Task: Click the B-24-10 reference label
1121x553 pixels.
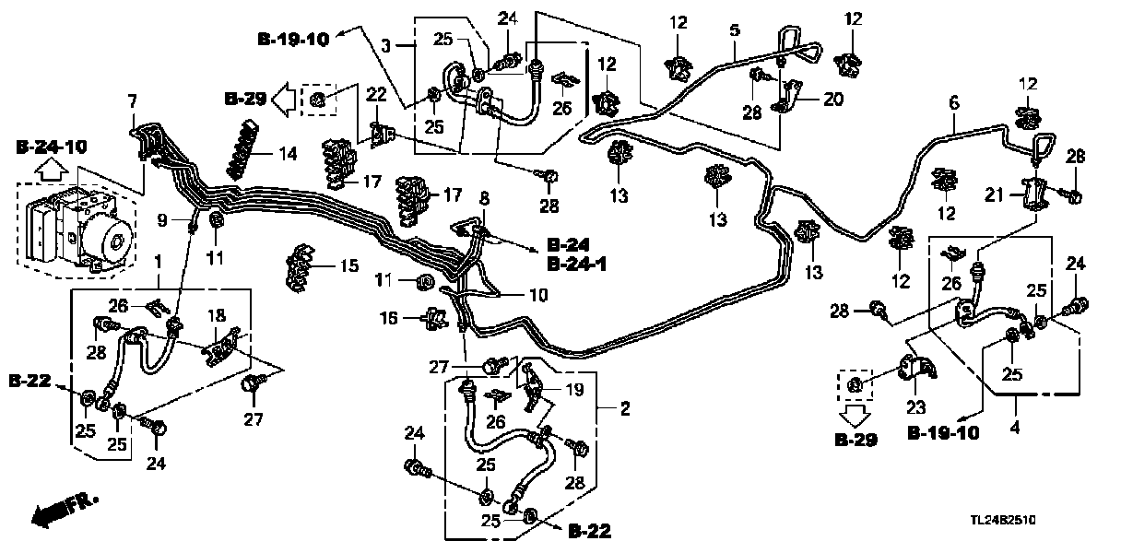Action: click(53, 147)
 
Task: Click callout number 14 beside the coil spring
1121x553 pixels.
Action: click(288, 154)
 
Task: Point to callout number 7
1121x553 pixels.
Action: click(132, 100)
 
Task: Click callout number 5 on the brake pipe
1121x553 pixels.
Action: click(734, 30)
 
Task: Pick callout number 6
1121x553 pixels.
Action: click(953, 103)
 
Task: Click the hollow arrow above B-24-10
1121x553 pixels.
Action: click(53, 169)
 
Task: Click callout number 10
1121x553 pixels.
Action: click(537, 296)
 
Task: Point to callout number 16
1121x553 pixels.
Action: click(388, 317)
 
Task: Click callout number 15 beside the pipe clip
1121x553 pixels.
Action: click(348, 266)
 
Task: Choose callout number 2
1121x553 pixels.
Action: click(625, 408)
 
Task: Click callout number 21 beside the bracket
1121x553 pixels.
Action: click(992, 194)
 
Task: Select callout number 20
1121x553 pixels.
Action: click(832, 100)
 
